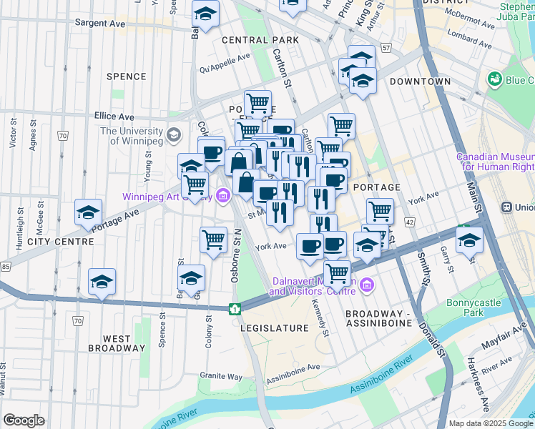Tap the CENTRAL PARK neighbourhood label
click(250, 40)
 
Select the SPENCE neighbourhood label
click(126, 76)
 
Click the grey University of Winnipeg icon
click(173, 134)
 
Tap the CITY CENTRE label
click(60, 242)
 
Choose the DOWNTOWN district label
click(421, 82)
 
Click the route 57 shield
click(386, 48)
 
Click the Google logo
click(24, 420)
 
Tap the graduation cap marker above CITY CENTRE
click(88, 212)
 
